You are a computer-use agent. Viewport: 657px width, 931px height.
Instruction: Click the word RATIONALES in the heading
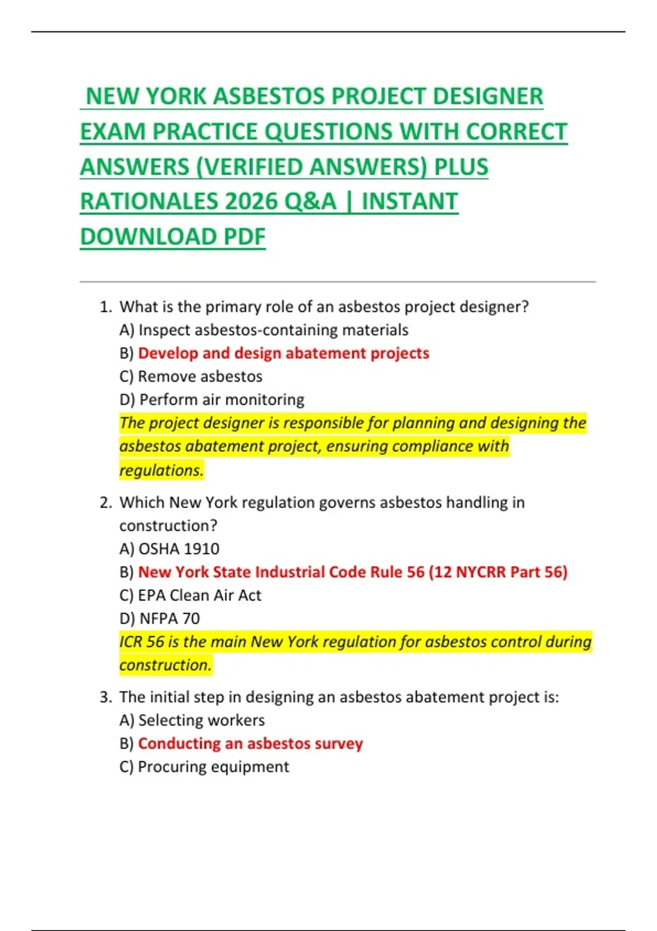pyautogui.click(x=148, y=202)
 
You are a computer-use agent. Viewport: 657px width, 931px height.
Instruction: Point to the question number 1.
pyautogui.click(x=105, y=307)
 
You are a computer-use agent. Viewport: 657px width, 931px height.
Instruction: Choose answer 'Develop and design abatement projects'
pyautogui.click(x=283, y=353)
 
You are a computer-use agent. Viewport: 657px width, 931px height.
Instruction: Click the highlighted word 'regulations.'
pyautogui.click(x=162, y=470)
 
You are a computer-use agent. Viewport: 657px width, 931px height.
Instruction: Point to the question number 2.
pyautogui.click(x=105, y=503)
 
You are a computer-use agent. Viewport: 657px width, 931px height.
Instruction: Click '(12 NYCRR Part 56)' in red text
pyautogui.click(x=498, y=572)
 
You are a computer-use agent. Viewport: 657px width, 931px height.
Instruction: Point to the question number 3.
pyautogui.click(x=105, y=697)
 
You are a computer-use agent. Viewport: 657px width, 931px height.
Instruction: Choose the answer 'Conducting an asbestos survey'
pyautogui.click(x=250, y=744)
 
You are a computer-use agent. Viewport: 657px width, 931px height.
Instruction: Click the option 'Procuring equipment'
pyautogui.click(x=213, y=767)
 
